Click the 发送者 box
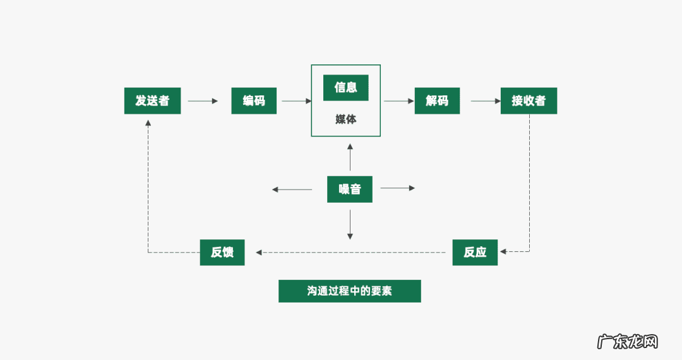152,100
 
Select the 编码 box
254,100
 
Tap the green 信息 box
345,87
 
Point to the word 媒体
345,119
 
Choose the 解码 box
437,100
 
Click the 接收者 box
529,100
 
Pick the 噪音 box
349,189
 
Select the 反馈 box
222,252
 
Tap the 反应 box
475,252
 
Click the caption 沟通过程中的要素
349,291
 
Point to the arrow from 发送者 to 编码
203,100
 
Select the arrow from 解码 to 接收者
485,100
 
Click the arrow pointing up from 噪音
350,158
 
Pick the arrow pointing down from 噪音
350,224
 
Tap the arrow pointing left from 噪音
291,189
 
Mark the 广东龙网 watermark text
628,341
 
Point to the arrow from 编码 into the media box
297,100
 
